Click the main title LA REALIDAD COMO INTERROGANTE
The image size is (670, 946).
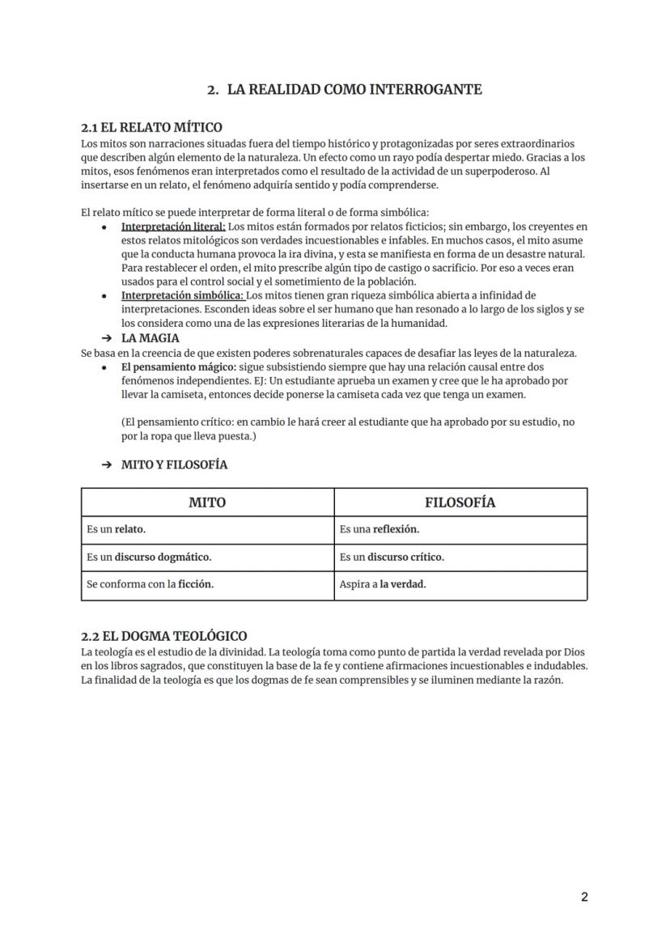354,90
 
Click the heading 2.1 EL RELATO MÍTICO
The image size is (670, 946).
151,127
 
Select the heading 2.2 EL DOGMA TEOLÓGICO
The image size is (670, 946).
164,636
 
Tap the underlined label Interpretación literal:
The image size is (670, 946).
173,227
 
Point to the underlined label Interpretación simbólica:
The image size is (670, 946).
182,295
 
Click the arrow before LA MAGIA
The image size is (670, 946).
107,338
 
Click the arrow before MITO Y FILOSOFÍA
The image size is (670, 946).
107,465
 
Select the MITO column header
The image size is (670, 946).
207,503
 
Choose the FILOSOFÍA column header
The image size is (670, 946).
460,503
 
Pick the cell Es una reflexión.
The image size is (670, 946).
380,530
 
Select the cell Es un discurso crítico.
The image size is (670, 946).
392,558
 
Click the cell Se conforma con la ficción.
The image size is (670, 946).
150,584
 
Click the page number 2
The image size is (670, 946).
584,897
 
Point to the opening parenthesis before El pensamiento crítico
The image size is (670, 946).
124,422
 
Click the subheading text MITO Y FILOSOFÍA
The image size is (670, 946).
174,465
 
